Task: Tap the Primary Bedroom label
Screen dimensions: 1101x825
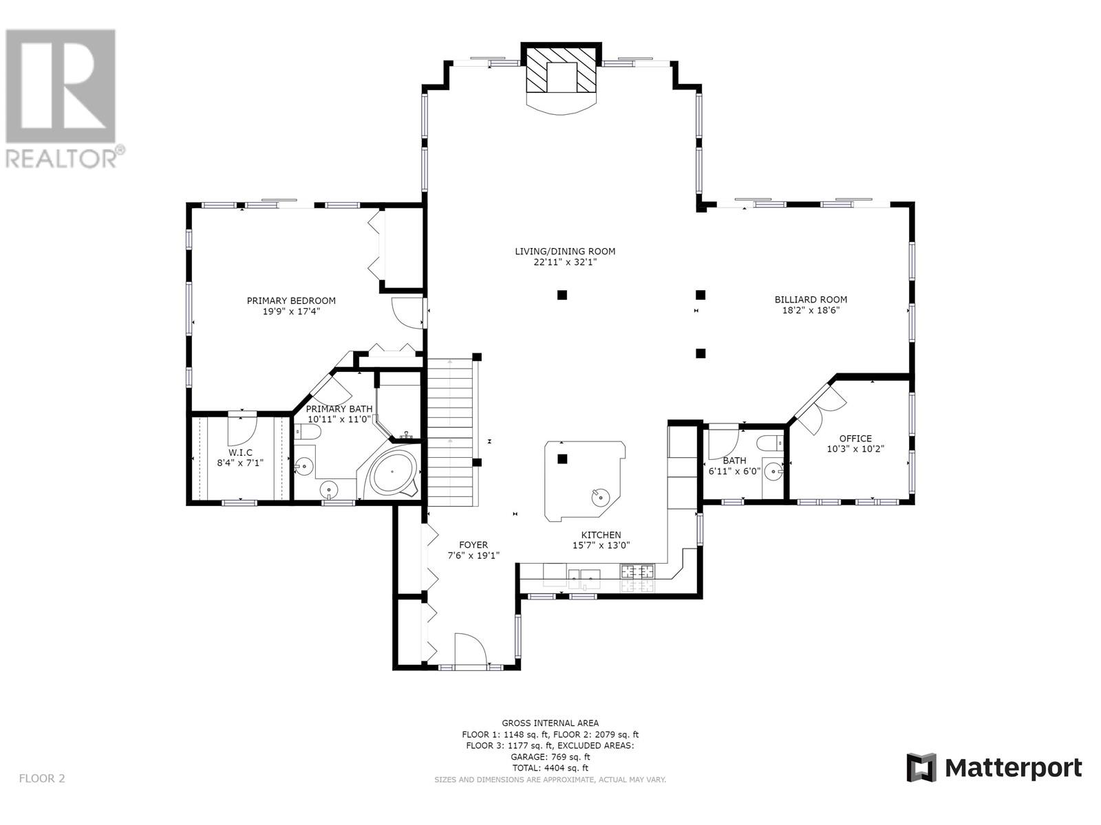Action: tap(291, 300)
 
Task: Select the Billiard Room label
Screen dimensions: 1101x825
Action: tap(811, 300)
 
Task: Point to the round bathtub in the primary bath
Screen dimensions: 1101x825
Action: tap(392, 472)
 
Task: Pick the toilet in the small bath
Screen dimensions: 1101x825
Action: tap(769, 443)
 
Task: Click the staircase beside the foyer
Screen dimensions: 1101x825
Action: tap(450, 432)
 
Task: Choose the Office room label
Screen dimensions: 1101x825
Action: tap(855, 439)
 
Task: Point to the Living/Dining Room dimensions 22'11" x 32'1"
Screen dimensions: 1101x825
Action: tap(565, 262)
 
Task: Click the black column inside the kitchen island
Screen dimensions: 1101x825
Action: tap(562, 459)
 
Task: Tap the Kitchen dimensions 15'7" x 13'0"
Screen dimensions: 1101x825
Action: tap(601, 545)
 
